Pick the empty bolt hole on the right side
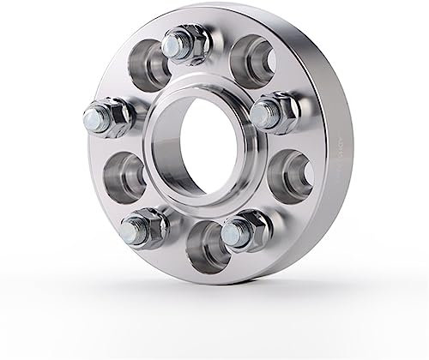tap(290, 171)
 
